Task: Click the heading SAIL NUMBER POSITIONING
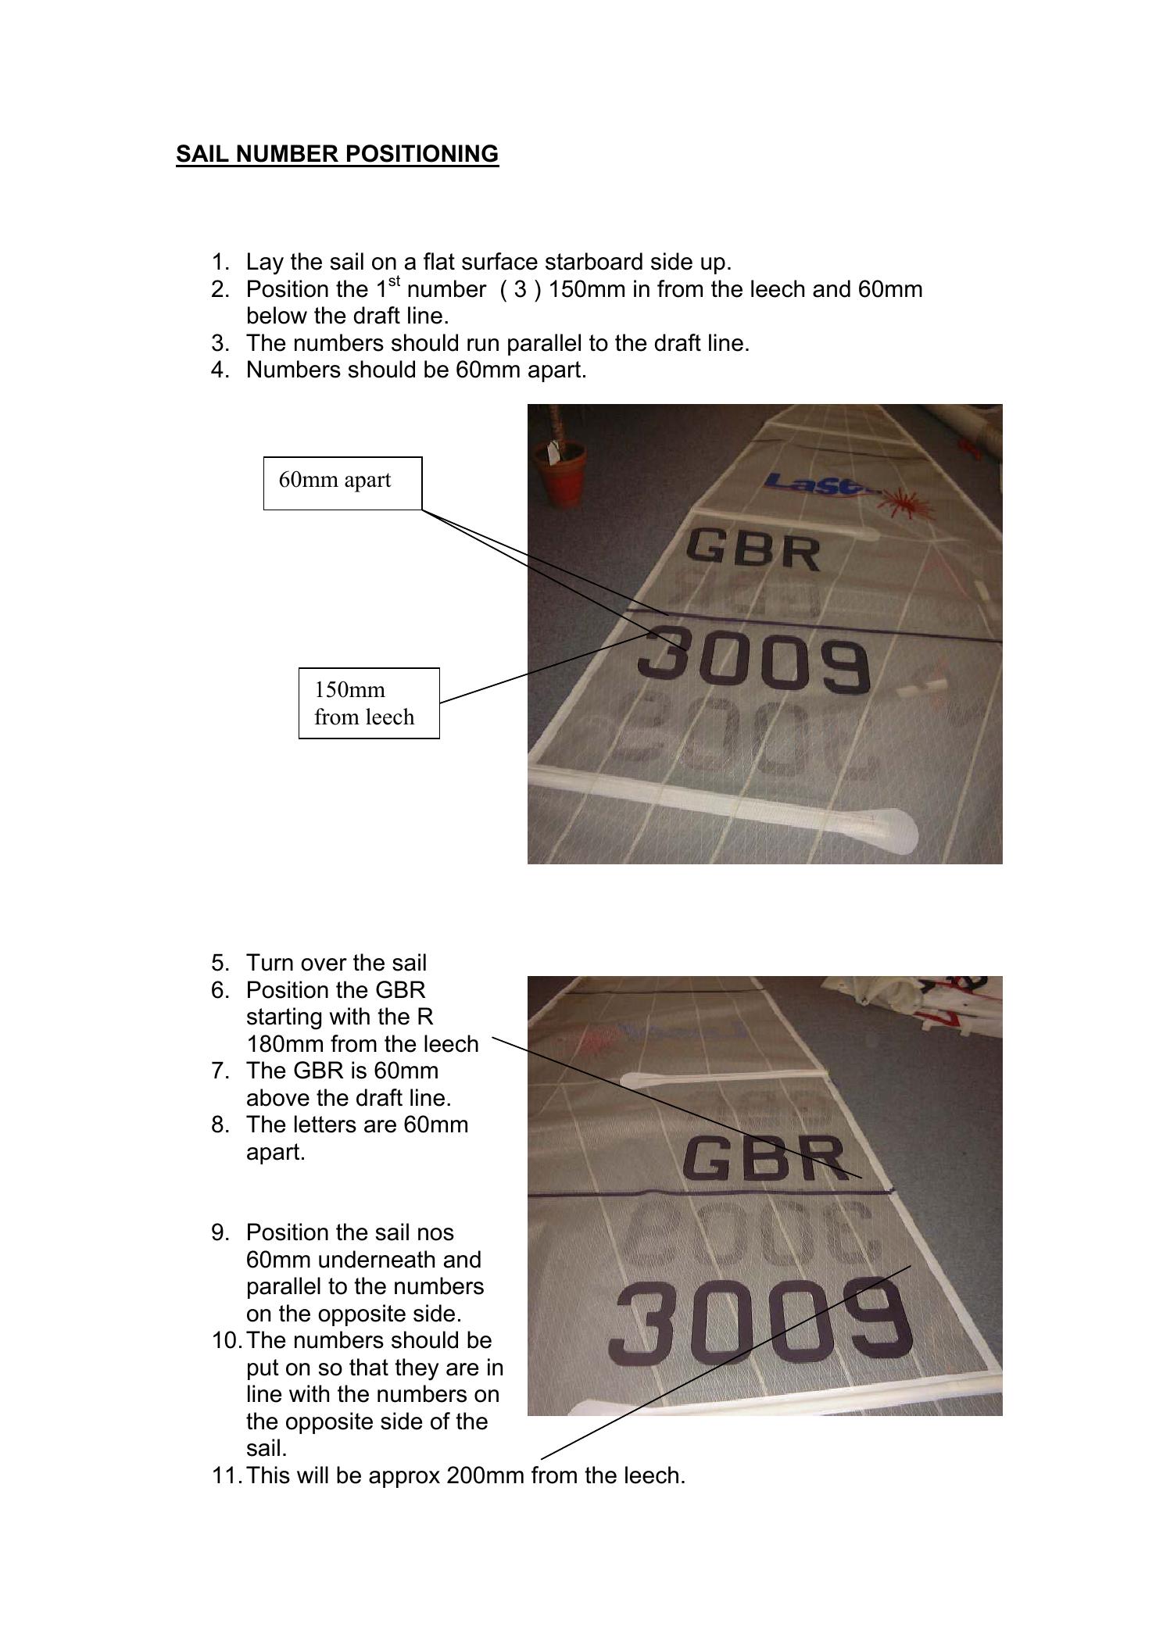[337, 154]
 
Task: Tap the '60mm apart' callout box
[342, 483]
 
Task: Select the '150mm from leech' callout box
[368, 703]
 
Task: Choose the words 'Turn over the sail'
[336, 963]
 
